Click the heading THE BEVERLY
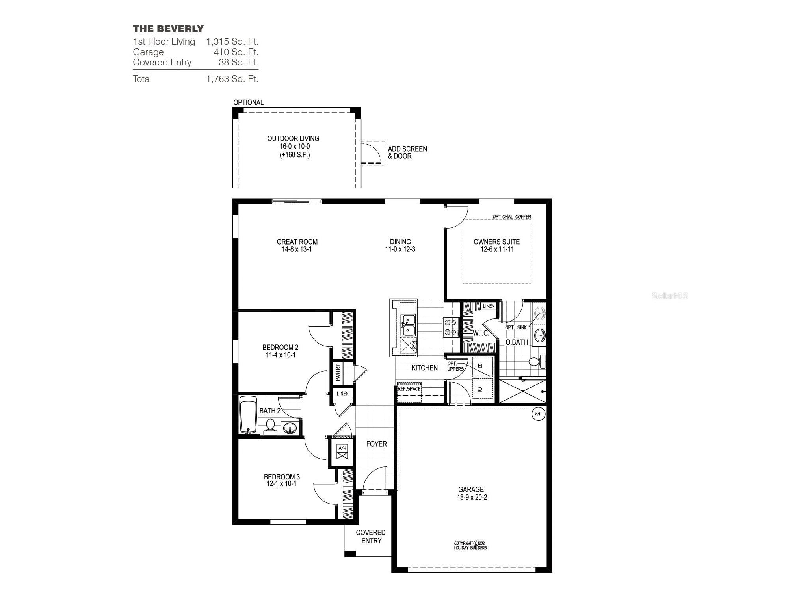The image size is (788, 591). click(168, 28)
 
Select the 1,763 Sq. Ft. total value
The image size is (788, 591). click(232, 79)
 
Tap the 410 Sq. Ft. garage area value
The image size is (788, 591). click(236, 52)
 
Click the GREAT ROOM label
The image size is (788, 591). click(297, 242)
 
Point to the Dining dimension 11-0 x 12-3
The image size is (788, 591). click(400, 249)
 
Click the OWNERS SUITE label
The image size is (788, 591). click(496, 242)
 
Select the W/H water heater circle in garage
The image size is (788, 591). click(538, 414)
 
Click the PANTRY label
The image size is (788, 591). click(338, 373)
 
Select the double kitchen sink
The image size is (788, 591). click(408, 325)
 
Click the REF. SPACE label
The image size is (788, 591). click(409, 389)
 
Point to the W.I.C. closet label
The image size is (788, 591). click(481, 333)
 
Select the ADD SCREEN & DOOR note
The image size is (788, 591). click(407, 152)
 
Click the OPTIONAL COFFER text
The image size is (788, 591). click(511, 217)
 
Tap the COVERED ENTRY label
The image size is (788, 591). click(371, 537)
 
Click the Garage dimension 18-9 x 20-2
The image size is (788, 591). click(472, 498)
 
